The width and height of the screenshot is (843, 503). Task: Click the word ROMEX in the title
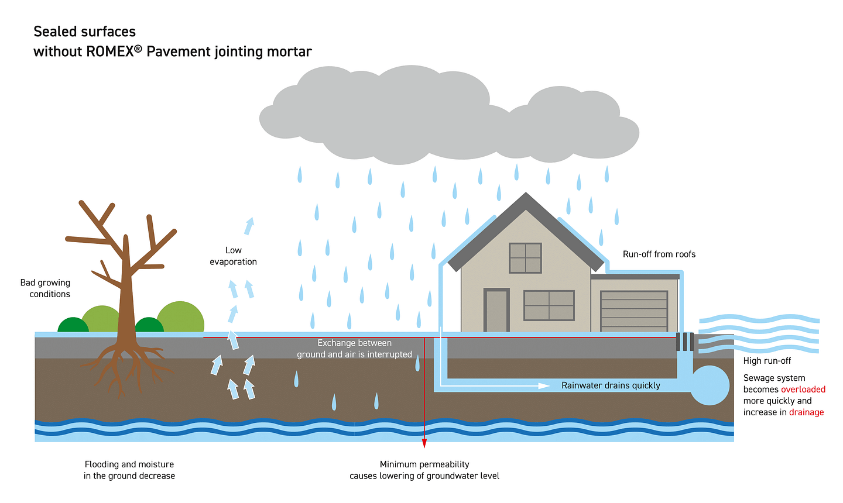click(109, 51)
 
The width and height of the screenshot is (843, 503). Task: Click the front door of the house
click(496, 311)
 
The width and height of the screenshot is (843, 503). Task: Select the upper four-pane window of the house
click(525, 258)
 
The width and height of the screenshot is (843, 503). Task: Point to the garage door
click(634, 311)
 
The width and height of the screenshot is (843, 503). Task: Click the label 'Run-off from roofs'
click(659, 254)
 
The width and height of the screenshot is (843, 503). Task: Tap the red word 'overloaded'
click(803, 390)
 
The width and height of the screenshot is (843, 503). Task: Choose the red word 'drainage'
click(806, 412)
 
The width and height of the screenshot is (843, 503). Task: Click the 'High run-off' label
click(767, 361)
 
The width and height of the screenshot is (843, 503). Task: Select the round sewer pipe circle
click(710, 385)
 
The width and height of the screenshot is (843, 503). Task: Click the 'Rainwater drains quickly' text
click(611, 385)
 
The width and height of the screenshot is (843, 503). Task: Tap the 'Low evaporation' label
click(233, 256)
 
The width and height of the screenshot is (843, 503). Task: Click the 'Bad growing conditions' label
click(46, 288)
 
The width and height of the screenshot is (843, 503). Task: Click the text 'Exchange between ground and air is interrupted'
click(354, 349)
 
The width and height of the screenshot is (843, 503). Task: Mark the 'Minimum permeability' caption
click(424, 464)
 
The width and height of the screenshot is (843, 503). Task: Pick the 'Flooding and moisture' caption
click(129, 464)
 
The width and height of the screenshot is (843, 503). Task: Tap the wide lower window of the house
click(549, 305)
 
